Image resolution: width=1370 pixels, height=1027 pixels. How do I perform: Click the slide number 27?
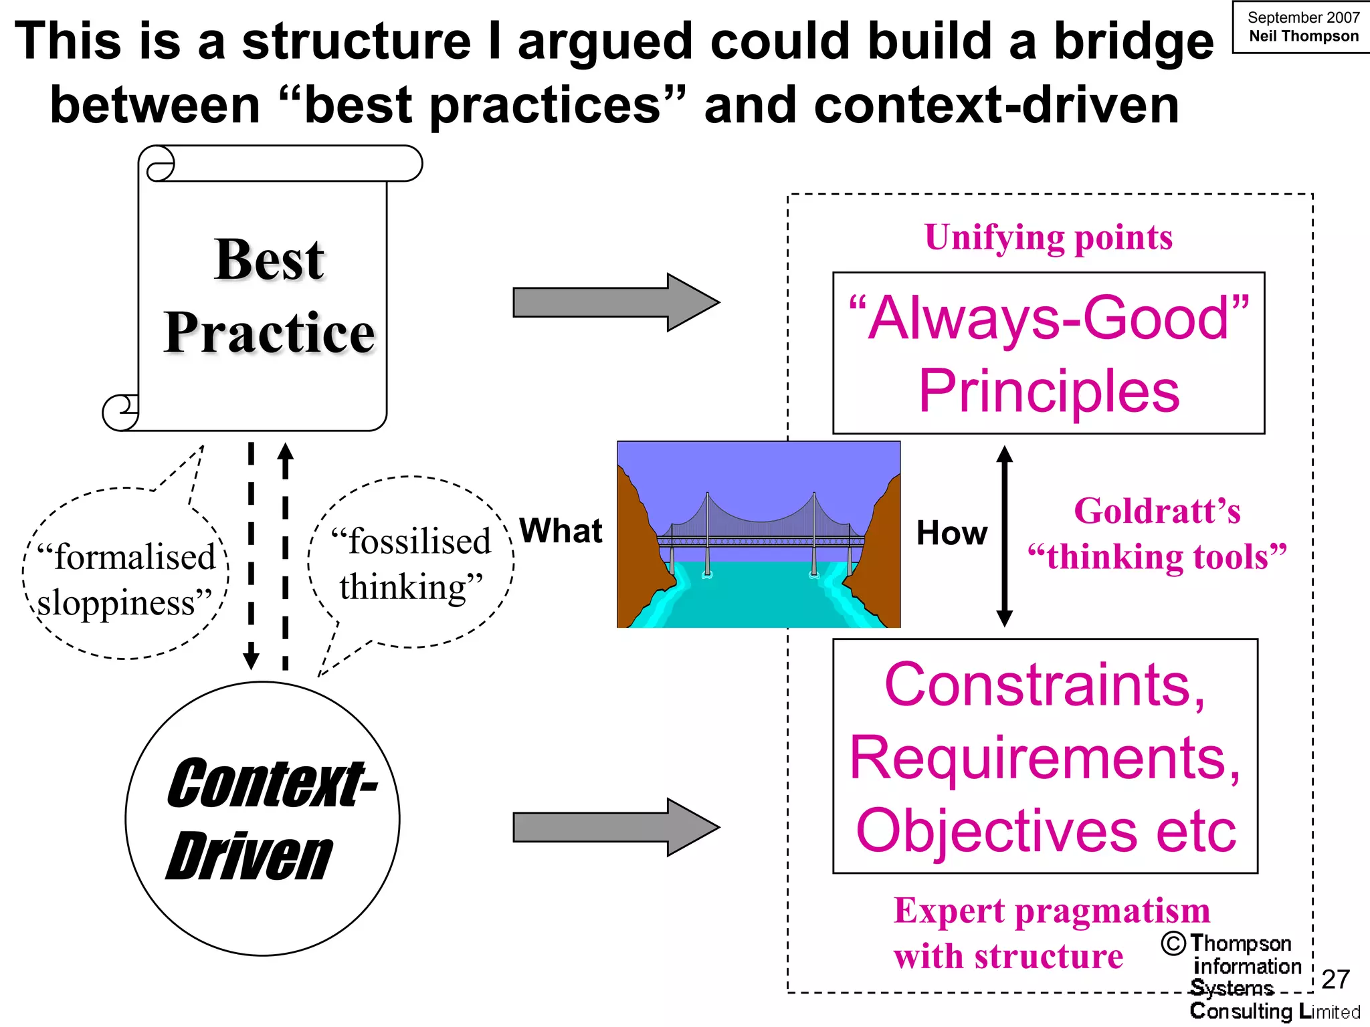click(x=1335, y=980)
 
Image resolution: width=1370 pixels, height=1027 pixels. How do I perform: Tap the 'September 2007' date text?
click(x=1303, y=17)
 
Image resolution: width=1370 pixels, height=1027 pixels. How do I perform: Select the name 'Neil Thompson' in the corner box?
click(x=1303, y=36)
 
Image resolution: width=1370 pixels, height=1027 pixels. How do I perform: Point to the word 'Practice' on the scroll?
click(x=269, y=332)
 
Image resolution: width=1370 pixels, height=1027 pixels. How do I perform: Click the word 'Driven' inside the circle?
click(x=249, y=857)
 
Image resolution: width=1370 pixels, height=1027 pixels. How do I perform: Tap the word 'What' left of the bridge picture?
click(x=561, y=531)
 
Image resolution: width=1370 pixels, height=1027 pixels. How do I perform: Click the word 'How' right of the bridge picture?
click(x=951, y=534)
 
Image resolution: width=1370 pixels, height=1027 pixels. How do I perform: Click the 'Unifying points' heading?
click(x=1048, y=237)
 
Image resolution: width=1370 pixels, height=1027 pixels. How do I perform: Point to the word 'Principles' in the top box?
click(x=1048, y=391)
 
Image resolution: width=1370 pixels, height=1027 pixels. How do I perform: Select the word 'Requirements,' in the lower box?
click(x=1045, y=758)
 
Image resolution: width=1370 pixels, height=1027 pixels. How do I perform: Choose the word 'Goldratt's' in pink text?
click(x=1157, y=511)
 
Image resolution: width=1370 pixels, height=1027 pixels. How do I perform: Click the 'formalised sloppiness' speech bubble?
click(x=126, y=579)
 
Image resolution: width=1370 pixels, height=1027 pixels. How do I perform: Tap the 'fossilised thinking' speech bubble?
click(x=411, y=564)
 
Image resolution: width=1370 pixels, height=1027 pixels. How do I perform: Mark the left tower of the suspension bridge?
click(x=707, y=535)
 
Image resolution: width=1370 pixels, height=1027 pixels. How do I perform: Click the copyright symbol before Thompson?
click(x=1173, y=943)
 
